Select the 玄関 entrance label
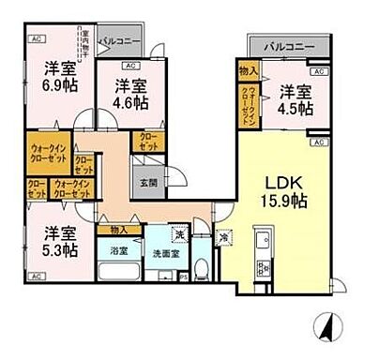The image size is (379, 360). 149,183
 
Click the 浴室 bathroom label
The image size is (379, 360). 116,251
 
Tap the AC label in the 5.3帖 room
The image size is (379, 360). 35,277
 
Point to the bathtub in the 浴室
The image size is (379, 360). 117,272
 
